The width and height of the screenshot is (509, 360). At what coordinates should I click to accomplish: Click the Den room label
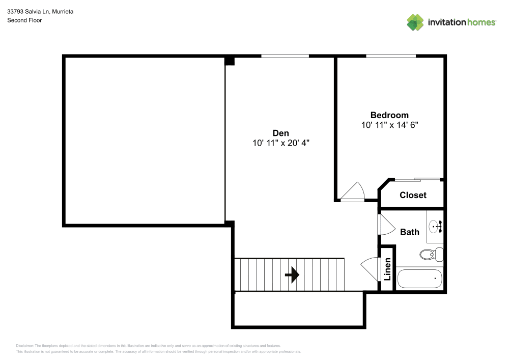(x=281, y=133)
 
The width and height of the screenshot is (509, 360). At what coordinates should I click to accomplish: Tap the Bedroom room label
(x=389, y=115)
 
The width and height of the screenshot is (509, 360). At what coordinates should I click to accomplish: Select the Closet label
(x=413, y=195)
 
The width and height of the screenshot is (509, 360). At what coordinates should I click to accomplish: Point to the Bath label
(x=410, y=232)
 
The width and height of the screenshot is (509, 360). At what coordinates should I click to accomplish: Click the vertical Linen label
(x=387, y=269)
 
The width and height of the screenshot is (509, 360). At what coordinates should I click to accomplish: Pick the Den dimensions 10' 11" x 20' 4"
(x=281, y=144)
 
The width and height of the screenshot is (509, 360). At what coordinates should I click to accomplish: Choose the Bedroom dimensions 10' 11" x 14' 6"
(x=389, y=125)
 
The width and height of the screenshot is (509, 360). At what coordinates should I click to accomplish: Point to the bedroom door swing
(x=353, y=192)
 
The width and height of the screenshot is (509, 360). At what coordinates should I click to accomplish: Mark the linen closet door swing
(x=371, y=266)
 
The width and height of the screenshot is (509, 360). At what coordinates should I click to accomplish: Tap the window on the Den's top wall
(x=285, y=56)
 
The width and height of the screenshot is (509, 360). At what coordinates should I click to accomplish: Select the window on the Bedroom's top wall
(x=390, y=56)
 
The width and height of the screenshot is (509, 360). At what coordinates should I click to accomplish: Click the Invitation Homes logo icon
(x=415, y=22)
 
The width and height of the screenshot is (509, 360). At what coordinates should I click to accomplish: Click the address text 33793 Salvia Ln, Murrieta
(x=40, y=11)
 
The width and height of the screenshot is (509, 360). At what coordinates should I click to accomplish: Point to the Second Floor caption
(x=24, y=20)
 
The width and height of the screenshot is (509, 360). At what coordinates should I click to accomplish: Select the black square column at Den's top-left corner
(x=230, y=61)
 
